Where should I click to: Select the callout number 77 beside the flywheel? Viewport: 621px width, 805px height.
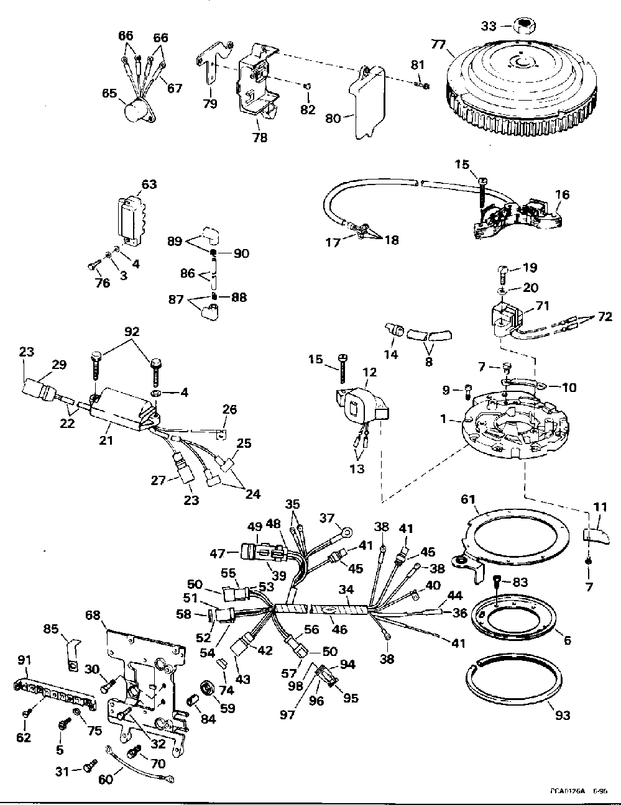point(439,45)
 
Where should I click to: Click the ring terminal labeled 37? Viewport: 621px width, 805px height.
point(346,532)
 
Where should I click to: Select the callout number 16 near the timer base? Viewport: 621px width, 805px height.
point(562,194)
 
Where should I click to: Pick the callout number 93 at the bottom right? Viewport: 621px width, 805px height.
point(563,716)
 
